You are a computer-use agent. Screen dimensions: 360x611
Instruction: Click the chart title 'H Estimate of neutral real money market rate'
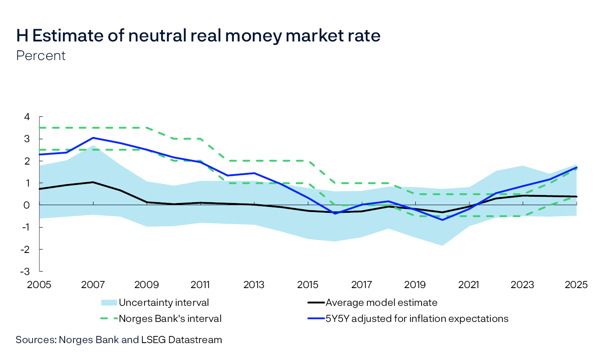[x=198, y=36]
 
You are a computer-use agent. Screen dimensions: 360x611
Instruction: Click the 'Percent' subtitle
[x=41, y=56]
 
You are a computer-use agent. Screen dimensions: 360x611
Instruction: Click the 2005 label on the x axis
[x=39, y=285]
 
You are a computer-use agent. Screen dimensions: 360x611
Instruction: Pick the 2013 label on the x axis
[x=254, y=285]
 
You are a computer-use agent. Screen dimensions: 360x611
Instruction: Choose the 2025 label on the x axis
[x=576, y=285]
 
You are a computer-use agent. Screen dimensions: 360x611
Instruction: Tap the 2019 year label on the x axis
[x=415, y=285]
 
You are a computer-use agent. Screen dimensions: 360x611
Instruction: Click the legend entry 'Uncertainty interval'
[x=164, y=302]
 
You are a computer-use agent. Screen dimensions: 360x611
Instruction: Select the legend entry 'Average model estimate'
[x=381, y=302]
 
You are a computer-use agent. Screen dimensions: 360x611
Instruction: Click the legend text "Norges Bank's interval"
[x=170, y=319]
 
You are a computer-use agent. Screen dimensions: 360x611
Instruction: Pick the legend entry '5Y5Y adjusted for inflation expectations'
[x=416, y=319]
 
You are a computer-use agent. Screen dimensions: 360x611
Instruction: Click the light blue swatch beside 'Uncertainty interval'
[x=109, y=302]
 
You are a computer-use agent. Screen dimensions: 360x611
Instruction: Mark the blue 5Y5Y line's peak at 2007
[x=93, y=138]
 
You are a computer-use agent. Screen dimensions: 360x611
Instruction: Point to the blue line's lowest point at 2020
[x=442, y=220]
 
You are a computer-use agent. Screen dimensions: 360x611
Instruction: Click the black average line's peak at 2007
[x=93, y=182]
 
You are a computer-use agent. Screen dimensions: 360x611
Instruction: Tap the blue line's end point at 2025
[x=576, y=168]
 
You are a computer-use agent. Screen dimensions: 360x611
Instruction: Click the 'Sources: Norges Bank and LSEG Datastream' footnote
[x=119, y=340]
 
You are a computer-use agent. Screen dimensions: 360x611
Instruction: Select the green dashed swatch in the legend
[x=109, y=319]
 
